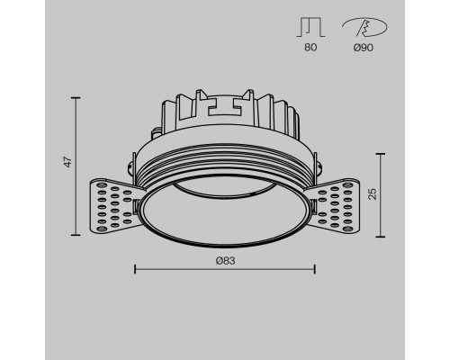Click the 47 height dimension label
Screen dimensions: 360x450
(65, 163)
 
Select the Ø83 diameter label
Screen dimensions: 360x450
(224, 260)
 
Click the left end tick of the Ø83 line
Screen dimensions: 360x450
(134, 268)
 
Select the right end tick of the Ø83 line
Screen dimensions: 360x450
(314, 268)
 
